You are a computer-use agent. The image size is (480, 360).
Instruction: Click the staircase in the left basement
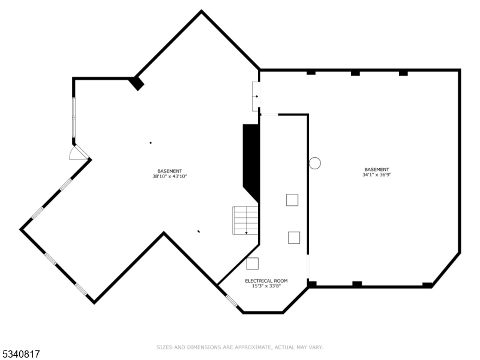[x=245, y=220]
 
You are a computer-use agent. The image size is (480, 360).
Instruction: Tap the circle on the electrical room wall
[x=315, y=163]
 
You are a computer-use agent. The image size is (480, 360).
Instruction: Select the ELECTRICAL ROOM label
[x=266, y=281]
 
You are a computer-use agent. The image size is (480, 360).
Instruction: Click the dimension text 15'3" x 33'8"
[x=266, y=286]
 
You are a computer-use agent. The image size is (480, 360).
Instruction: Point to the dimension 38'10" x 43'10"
[x=170, y=176]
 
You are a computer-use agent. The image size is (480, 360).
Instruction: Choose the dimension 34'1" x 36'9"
[x=376, y=175]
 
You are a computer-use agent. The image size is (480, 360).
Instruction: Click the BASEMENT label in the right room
[x=376, y=169]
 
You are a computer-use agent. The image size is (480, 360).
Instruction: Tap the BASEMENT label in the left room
[x=170, y=171]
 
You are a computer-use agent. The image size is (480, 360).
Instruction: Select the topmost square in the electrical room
[x=292, y=200]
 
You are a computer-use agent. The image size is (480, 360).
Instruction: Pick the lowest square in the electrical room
[x=253, y=263]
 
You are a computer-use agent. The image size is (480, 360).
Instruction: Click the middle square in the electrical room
[x=294, y=238]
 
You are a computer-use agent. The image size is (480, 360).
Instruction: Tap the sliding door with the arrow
[x=256, y=96]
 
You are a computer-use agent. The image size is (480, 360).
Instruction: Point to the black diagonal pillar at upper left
[x=137, y=83]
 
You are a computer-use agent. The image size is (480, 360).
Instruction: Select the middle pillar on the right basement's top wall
[x=355, y=73]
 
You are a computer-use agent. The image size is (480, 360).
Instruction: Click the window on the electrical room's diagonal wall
[x=231, y=300]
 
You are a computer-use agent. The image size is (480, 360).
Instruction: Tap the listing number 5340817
[x=21, y=355]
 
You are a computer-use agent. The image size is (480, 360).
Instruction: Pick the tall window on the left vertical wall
[x=74, y=118]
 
